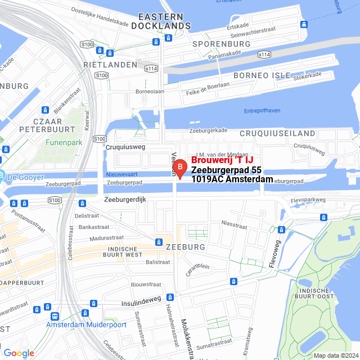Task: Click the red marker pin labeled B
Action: (x=179, y=168)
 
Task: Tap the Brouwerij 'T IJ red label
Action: (x=222, y=160)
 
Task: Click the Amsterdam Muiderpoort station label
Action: (x=83, y=325)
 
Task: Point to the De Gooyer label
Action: (x=26, y=178)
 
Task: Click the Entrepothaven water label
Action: (x=262, y=111)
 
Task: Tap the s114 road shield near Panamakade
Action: (x=264, y=55)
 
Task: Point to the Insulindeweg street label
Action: (x=141, y=303)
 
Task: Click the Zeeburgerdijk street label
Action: (x=124, y=200)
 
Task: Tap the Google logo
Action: (x=19, y=353)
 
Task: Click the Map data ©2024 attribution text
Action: (x=335, y=355)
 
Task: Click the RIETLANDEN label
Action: (x=110, y=65)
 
